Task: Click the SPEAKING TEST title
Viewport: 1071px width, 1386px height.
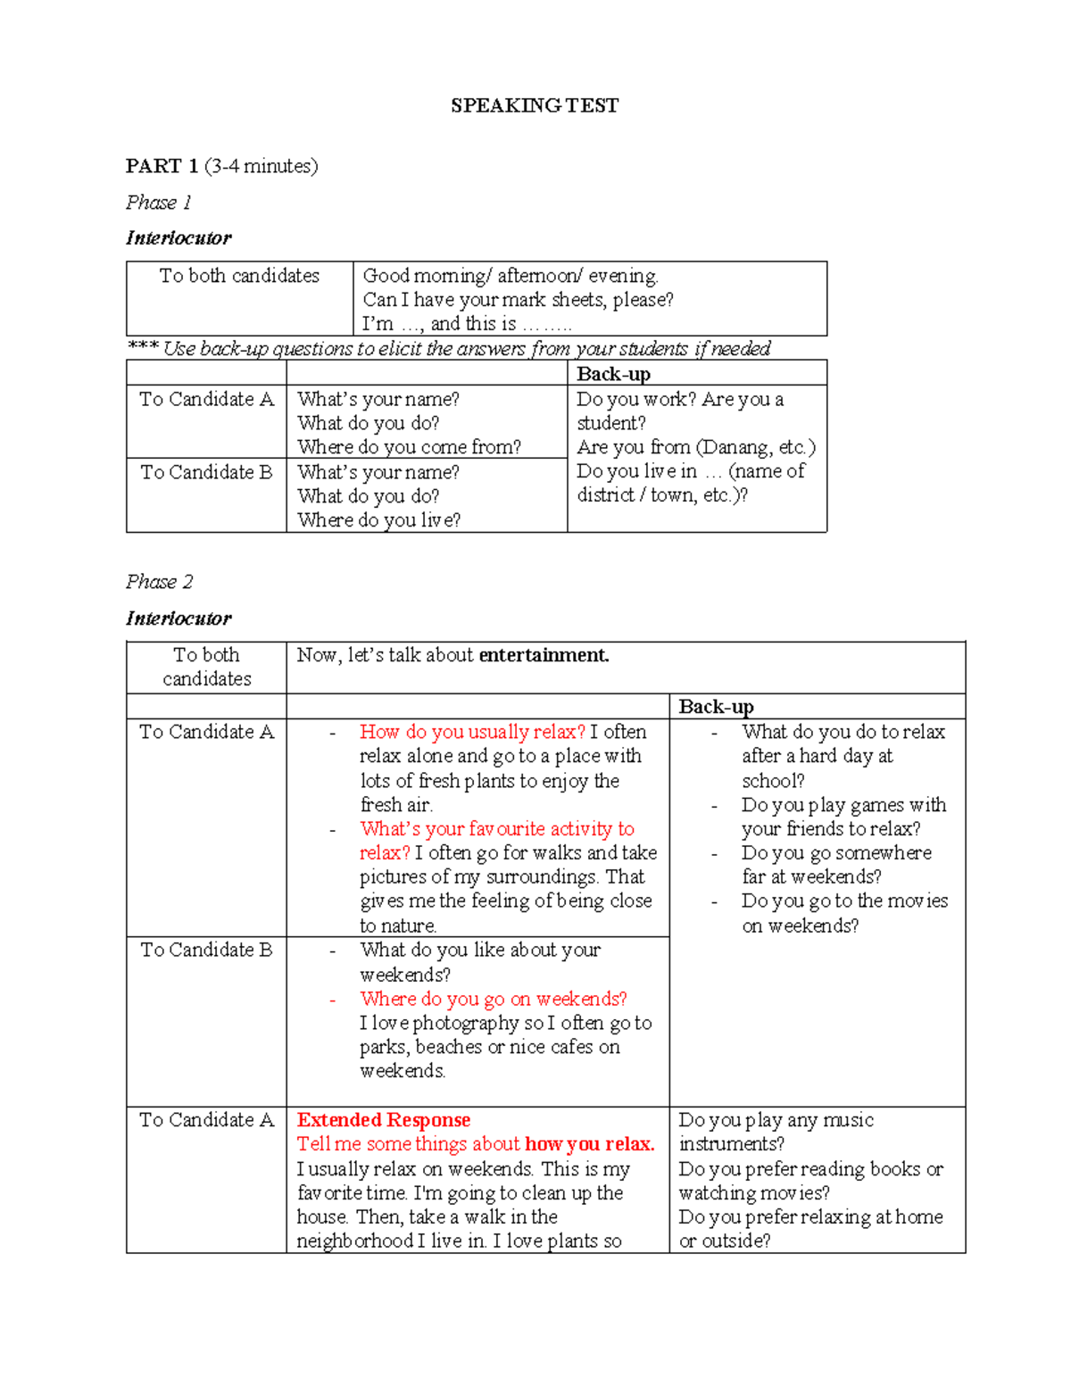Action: [x=534, y=105]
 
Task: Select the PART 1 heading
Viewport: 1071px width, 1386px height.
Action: [x=162, y=166]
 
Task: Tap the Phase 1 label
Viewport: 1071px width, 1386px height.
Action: [x=158, y=203]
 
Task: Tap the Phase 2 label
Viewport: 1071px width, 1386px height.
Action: [x=159, y=582]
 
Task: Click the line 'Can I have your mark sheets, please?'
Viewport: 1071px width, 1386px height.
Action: [x=518, y=300]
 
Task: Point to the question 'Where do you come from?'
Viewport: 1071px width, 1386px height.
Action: [x=409, y=447]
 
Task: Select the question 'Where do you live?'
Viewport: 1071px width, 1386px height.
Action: [x=378, y=520]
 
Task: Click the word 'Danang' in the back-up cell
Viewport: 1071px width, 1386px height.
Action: [x=737, y=447]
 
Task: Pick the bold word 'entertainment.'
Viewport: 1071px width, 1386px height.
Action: [x=544, y=655]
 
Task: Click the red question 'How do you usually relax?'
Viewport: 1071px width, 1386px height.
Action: [x=472, y=732]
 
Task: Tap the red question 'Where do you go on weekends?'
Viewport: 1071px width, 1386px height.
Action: [x=493, y=999]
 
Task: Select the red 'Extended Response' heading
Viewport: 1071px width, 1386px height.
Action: [x=384, y=1120]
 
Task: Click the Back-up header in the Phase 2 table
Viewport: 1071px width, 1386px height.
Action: [x=716, y=707]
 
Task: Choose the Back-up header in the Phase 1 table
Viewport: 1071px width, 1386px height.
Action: [x=613, y=374]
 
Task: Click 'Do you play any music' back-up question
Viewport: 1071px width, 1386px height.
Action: [x=776, y=1120]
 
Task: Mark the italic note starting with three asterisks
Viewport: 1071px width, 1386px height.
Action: [x=449, y=348]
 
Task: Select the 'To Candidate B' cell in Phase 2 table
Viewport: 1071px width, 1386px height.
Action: [x=206, y=950]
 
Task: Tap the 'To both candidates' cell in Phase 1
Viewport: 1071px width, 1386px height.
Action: [x=239, y=276]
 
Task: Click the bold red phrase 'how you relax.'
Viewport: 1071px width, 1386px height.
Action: [x=589, y=1144]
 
